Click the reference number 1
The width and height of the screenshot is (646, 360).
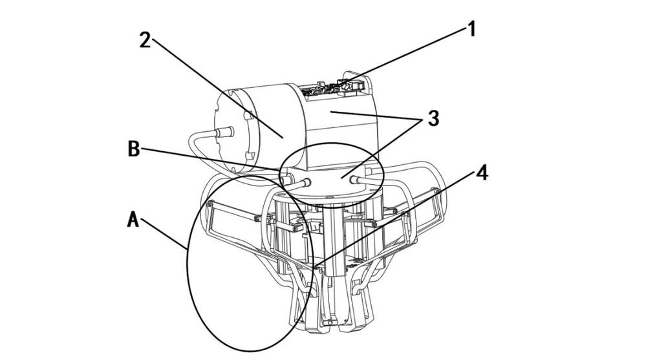point(471,29)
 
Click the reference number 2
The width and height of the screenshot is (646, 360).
point(145,40)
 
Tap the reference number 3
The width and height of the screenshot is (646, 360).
point(433,118)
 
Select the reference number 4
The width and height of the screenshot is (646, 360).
point(482,173)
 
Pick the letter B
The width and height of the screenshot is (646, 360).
point(133,149)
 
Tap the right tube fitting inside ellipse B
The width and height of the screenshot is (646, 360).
point(354,179)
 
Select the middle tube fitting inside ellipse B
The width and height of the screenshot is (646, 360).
point(307,181)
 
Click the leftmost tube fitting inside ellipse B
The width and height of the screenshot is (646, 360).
point(286,179)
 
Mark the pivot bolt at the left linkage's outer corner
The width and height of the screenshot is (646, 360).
point(210,204)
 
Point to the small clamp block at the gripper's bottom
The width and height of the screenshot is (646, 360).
point(330,321)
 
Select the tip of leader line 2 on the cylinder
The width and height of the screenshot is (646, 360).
point(283,138)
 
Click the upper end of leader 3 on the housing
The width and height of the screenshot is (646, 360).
point(328,111)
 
